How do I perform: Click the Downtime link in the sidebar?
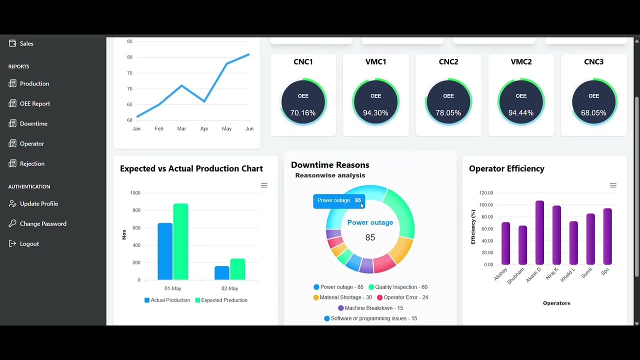(33, 123)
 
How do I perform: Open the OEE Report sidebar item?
(34, 103)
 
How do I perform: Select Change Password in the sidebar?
(42, 223)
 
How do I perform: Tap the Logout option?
(29, 243)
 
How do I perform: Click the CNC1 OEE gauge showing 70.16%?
(303, 102)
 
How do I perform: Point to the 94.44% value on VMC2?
(521, 113)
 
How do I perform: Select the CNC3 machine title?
(593, 61)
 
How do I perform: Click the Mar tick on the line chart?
(181, 129)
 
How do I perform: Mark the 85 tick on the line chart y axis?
(130, 41)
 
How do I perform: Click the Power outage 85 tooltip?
(339, 200)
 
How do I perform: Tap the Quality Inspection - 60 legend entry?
(398, 287)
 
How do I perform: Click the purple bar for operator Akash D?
(539, 233)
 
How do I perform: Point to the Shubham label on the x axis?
(516, 275)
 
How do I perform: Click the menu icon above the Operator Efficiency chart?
(613, 185)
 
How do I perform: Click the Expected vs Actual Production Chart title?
(191, 168)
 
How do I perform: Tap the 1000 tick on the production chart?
(135, 193)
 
